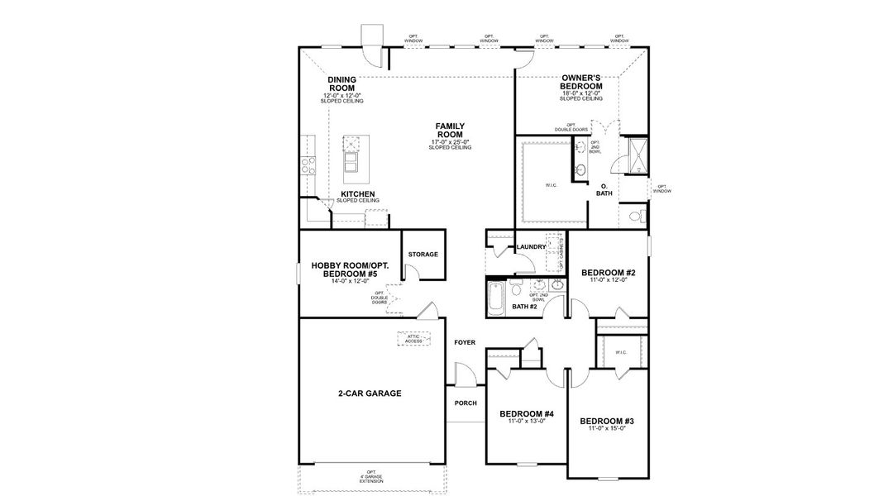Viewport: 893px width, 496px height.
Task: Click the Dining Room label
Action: click(x=341, y=83)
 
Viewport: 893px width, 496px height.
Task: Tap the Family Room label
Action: click(x=450, y=131)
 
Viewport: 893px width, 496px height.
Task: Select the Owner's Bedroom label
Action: click(x=580, y=81)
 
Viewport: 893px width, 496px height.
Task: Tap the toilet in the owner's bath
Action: click(x=635, y=217)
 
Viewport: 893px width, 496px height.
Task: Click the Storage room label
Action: click(x=423, y=255)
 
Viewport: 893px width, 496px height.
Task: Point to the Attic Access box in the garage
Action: click(x=413, y=339)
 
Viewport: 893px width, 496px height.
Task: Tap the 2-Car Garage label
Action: click(x=369, y=393)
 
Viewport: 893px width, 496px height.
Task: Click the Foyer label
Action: click(x=465, y=342)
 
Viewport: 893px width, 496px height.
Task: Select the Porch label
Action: click(x=466, y=403)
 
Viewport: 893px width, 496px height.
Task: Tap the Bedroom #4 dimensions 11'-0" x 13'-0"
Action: click(x=526, y=422)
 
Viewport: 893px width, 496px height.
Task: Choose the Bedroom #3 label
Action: click(x=607, y=420)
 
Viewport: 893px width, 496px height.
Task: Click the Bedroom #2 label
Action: click(x=608, y=272)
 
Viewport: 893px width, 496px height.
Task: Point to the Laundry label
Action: click(x=530, y=247)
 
